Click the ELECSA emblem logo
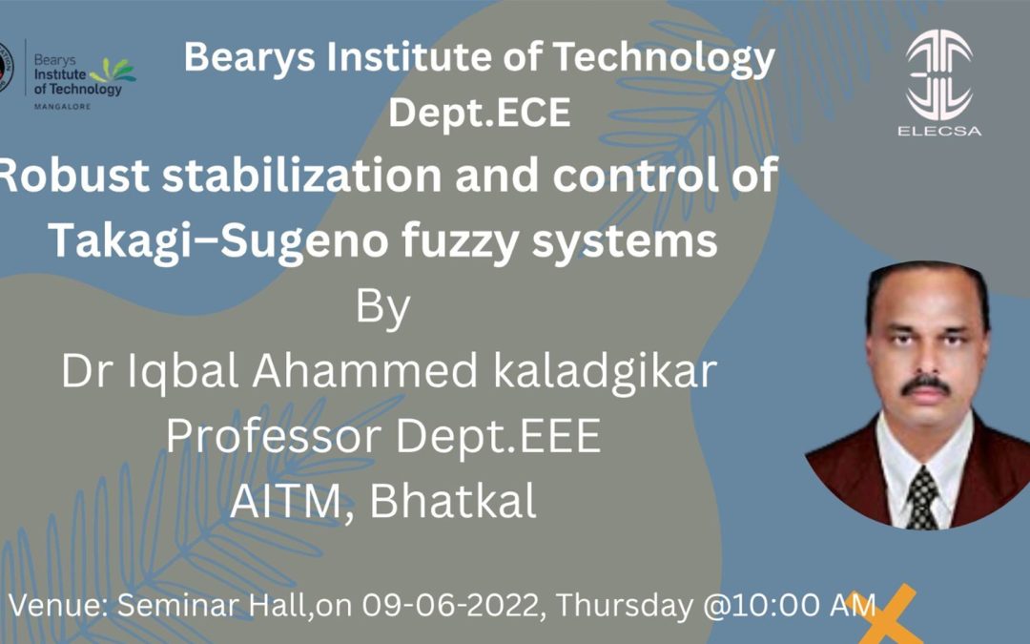[x=939, y=76]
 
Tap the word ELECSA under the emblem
[x=939, y=131]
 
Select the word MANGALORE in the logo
[x=61, y=106]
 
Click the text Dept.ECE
[x=480, y=114]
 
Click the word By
[x=383, y=309]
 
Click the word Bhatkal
[x=453, y=502]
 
